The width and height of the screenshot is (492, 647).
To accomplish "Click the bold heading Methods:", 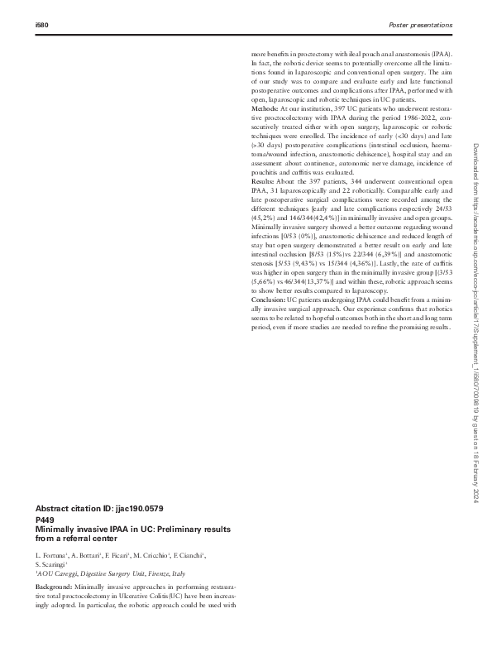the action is pos(265,109).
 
